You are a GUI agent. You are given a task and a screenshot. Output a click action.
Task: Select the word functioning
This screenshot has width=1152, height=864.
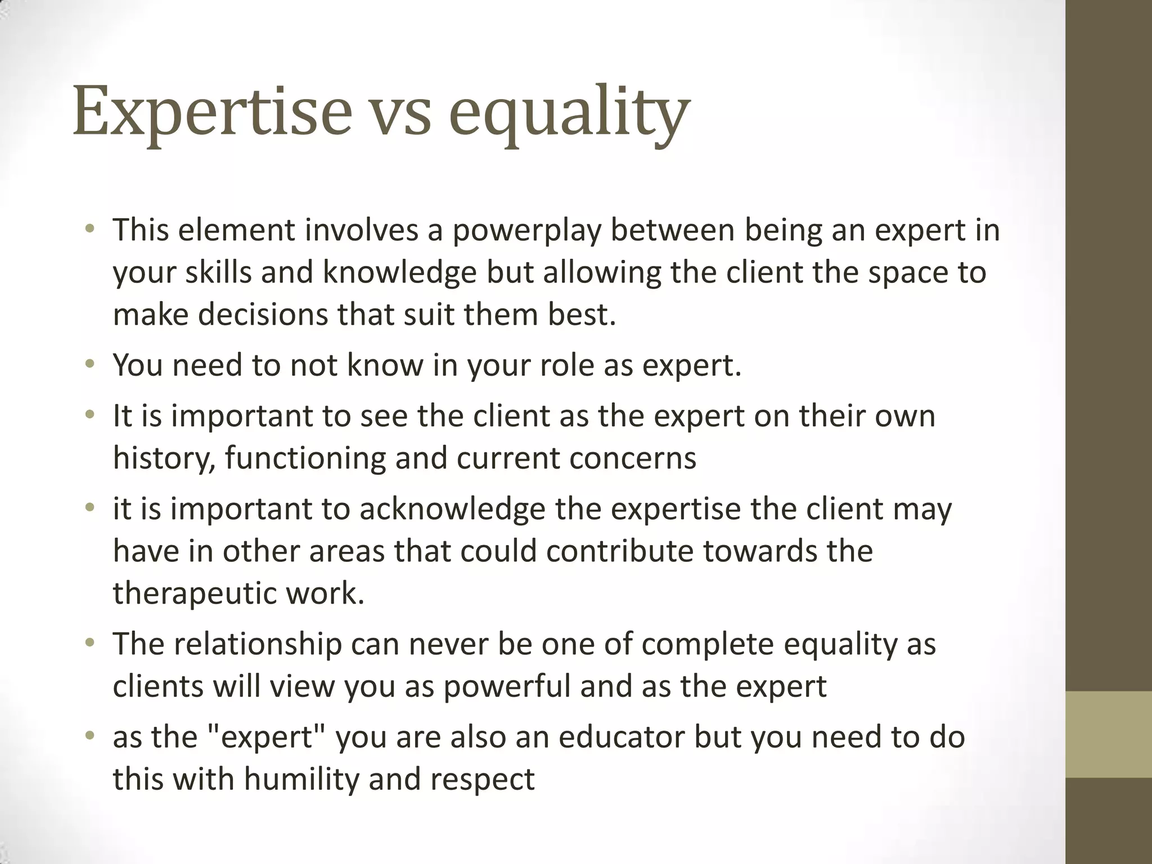click(305, 458)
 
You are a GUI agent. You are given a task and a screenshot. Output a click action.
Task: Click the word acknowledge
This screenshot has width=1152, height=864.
click(452, 510)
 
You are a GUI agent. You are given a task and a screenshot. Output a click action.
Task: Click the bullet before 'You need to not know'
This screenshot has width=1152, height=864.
click(89, 364)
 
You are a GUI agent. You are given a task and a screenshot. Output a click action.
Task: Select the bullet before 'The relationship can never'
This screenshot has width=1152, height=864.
click(89, 643)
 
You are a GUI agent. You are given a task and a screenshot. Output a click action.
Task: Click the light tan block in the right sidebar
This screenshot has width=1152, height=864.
click(1109, 734)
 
